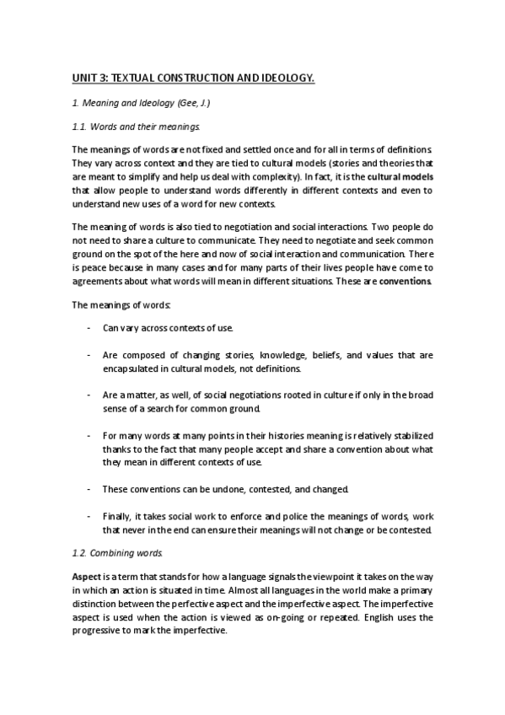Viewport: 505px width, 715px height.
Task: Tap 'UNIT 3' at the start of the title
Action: [x=89, y=79]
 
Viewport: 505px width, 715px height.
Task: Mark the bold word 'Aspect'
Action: [x=87, y=576]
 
